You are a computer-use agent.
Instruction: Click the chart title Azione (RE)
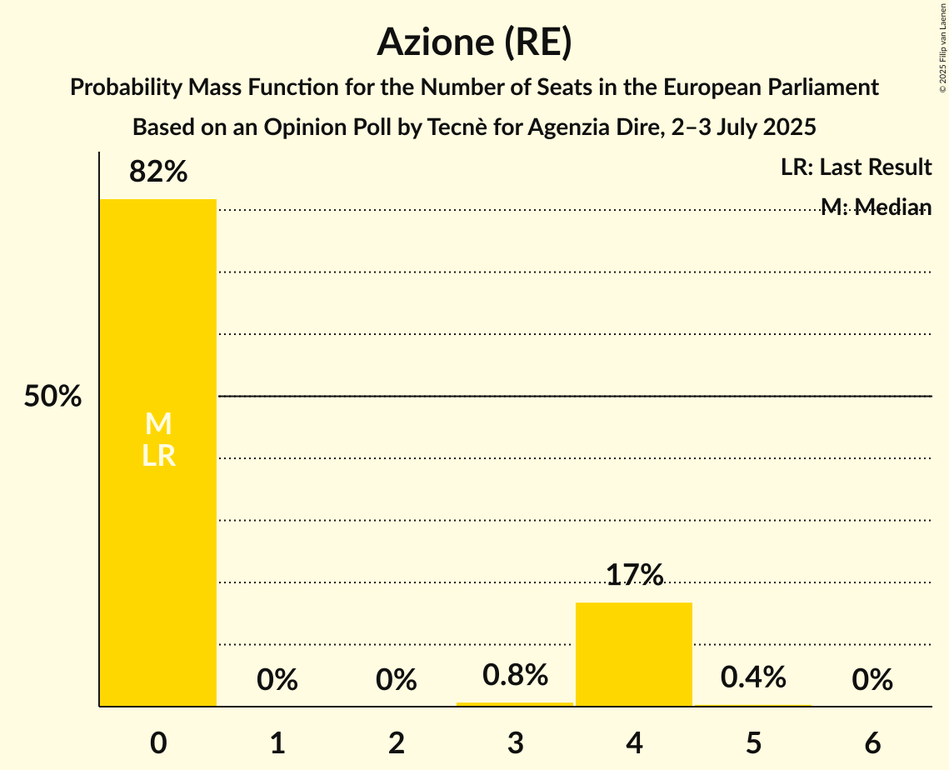[474, 42]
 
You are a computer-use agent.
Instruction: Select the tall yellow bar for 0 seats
[158, 542]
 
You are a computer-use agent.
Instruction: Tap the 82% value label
[158, 172]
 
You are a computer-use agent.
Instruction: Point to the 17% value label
[634, 575]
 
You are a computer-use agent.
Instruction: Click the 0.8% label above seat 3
[515, 675]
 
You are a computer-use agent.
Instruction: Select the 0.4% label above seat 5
[753, 677]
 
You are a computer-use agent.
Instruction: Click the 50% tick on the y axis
[52, 397]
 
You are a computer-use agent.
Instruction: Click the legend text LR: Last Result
[856, 167]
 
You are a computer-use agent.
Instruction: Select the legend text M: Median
[876, 207]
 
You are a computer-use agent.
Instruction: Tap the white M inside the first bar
[158, 424]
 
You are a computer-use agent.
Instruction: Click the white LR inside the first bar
[158, 456]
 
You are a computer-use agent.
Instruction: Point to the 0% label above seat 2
[397, 680]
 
